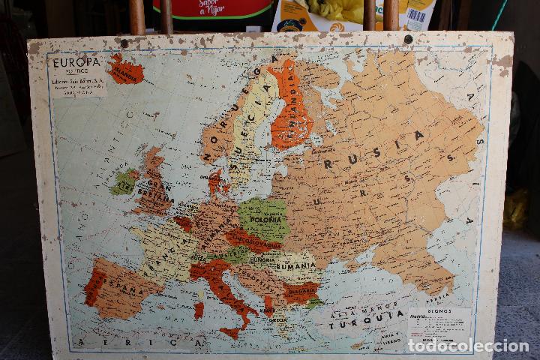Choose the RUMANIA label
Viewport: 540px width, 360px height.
pyautogui.click(x=295, y=265)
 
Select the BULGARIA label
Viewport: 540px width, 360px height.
pyautogui.click(x=301, y=291)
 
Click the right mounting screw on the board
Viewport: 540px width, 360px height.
pyautogui.click(x=408, y=40)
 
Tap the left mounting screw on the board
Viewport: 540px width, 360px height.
pyautogui.click(x=124, y=44)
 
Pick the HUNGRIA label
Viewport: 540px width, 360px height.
pyautogui.click(x=262, y=259)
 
